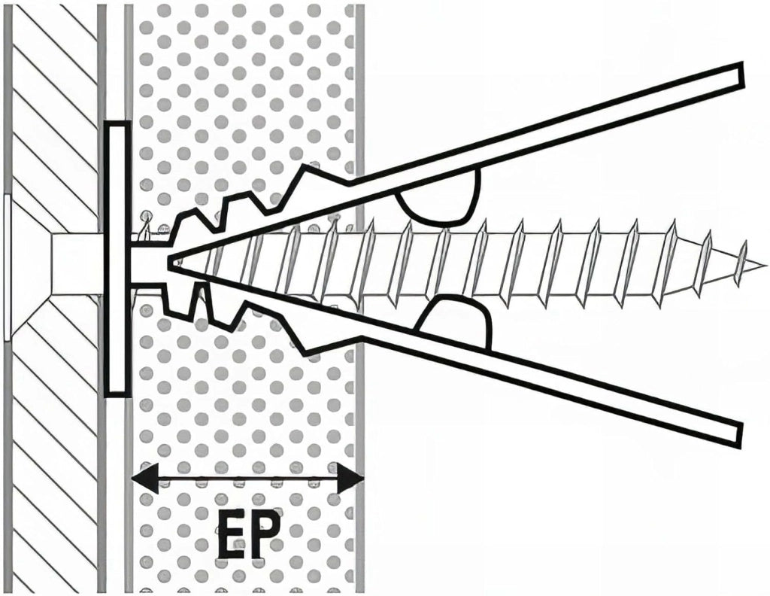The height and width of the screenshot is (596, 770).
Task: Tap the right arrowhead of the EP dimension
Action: point(350,477)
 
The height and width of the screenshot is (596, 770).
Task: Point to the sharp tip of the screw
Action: point(765,266)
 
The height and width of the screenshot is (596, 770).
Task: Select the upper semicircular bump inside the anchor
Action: point(439,196)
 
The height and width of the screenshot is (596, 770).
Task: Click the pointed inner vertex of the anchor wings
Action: point(169,262)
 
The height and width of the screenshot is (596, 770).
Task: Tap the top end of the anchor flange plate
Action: point(118,123)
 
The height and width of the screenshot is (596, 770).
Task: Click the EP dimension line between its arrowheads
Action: point(247,477)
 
